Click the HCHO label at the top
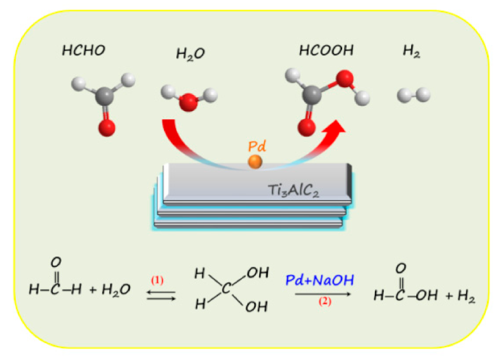(83, 51)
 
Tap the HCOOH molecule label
(326, 51)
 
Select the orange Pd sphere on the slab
(255, 161)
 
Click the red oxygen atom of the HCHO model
(106, 127)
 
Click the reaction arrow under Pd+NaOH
(322, 294)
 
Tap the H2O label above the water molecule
(190, 54)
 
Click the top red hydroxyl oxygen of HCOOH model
(345, 78)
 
